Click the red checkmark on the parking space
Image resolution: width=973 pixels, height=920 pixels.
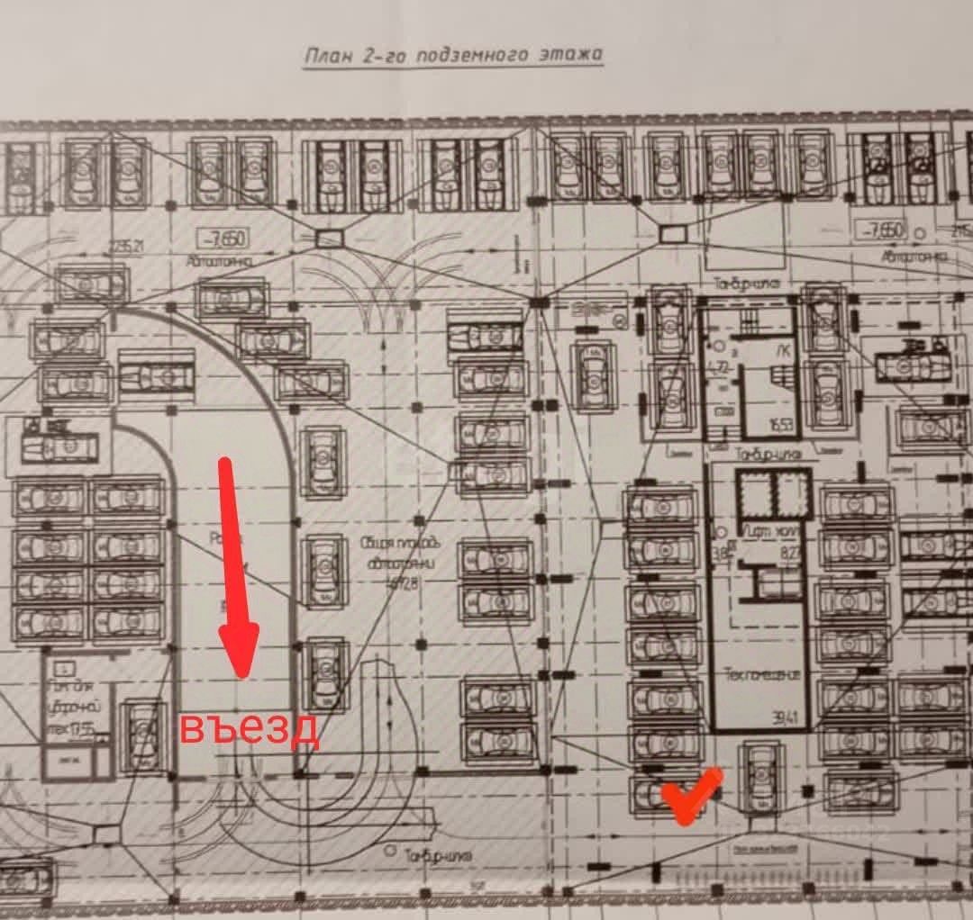click(689, 794)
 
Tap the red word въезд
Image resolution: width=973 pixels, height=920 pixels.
click(249, 728)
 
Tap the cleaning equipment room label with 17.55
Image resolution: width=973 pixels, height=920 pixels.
click(76, 708)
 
